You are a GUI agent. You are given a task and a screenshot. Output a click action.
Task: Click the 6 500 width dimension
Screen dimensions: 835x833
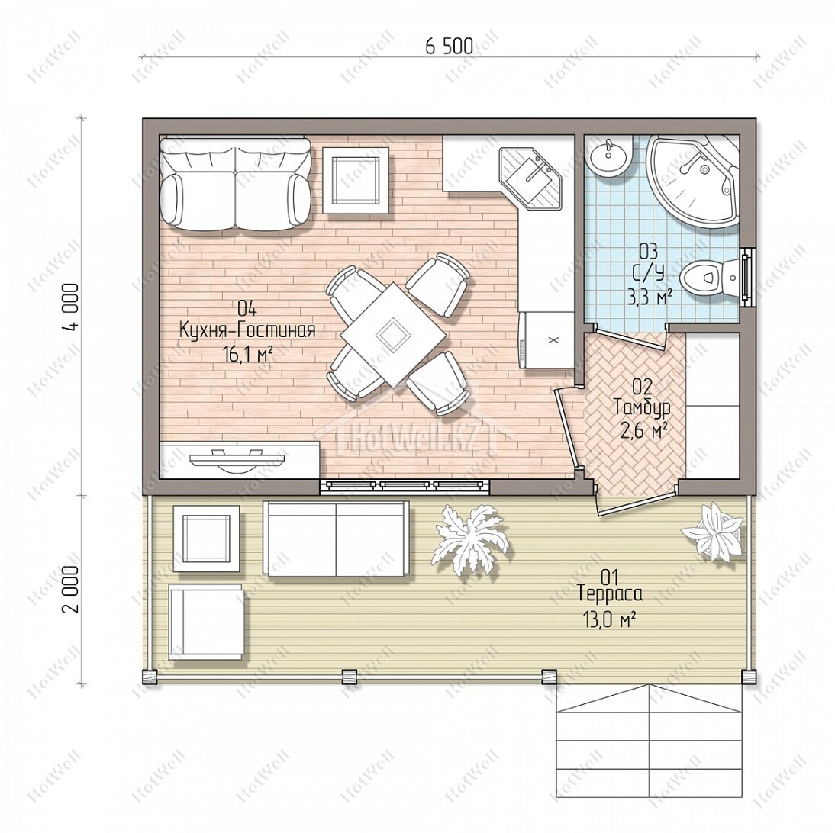[449, 47]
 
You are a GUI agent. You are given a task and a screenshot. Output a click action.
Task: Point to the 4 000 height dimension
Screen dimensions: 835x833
[70, 307]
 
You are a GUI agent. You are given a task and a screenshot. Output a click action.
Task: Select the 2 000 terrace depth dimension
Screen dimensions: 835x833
[70, 589]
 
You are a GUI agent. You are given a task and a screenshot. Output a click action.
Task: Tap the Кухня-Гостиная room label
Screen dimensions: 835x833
[247, 330]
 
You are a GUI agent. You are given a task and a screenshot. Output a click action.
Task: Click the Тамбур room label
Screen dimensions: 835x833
[642, 407]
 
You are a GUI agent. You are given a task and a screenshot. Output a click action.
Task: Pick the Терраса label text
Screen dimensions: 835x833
[611, 593]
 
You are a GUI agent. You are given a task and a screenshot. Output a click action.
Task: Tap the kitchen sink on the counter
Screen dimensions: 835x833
[530, 179]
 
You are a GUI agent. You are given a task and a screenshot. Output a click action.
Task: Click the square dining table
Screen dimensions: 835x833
[394, 334]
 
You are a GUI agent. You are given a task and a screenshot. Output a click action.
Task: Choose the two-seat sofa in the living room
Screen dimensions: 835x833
[235, 185]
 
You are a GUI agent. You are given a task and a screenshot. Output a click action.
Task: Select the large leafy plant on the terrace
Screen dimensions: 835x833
[470, 538]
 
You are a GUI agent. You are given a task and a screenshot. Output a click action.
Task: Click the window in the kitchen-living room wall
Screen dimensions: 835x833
[405, 485]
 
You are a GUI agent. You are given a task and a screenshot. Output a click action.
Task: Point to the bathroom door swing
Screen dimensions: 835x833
[628, 338]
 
